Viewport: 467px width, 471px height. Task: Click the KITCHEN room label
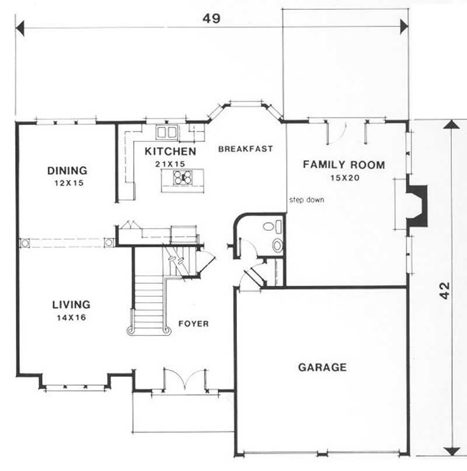[x=170, y=152]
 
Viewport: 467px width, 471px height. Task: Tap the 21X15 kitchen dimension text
[x=170, y=164]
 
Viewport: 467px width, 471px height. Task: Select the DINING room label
[x=67, y=171]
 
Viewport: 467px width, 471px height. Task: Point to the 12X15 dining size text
[x=67, y=183]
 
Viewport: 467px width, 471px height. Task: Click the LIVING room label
[x=71, y=304]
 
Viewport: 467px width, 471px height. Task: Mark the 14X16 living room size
[x=71, y=317]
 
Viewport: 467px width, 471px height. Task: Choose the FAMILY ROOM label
[x=343, y=165]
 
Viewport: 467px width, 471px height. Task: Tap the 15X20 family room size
[x=343, y=178]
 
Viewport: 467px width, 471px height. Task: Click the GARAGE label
[x=322, y=368]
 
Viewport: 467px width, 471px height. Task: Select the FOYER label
[x=194, y=324]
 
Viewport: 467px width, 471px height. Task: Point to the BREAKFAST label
[x=245, y=149]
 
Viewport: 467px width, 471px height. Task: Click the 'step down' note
[x=306, y=200]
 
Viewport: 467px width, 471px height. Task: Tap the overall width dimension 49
[x=211, y=19]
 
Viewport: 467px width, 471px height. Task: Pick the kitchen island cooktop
[x=182, y=179]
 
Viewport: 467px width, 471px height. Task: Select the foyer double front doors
[x=184, y=380]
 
